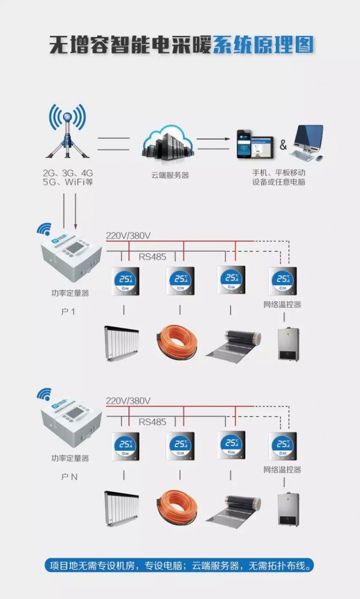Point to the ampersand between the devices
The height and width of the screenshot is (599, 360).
click(283, 146)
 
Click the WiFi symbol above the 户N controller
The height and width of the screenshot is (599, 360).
click(43, 394)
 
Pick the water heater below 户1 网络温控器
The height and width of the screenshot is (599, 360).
click(288, 344)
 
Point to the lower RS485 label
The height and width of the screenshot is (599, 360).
click(152, 422)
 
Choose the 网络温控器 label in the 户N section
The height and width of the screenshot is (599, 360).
click(282, 469)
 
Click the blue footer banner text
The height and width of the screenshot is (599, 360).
click(180, 565)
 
